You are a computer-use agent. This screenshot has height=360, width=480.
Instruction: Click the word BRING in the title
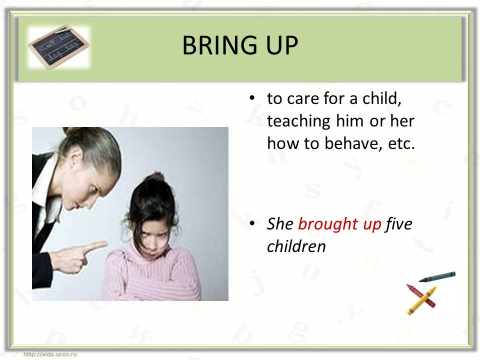click(x=219, y=45)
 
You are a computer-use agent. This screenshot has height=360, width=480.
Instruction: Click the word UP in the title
click(x=281, y=45)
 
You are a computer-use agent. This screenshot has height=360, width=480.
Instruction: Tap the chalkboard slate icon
click(x=59, y=46)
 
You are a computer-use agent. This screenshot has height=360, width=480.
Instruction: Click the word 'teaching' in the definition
click(x=298, y=121)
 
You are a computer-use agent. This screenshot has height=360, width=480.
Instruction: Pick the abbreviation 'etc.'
click(x=401, y=144)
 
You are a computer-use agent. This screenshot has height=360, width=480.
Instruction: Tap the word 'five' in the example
click(x=399, y=223)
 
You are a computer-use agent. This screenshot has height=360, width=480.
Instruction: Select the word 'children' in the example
click(x=296, y=246)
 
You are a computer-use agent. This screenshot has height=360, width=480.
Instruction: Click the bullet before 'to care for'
click(x=252, y=98)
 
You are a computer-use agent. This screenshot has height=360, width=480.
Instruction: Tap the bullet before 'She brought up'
click(x=252, y=223)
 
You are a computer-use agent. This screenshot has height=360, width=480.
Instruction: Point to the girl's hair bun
click(x=157, y=176)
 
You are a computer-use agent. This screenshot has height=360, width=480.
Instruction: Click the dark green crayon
click(x=437, y=276)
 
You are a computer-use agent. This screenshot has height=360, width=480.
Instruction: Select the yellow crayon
click(x=421, y=301)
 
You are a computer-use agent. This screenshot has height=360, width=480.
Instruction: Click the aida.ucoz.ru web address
click(x=50, y=354)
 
